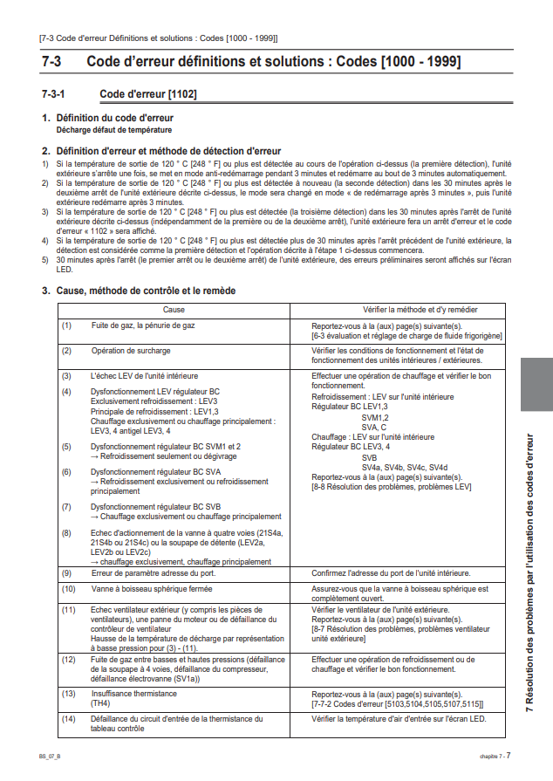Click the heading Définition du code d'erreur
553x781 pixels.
click(x=114, y=118)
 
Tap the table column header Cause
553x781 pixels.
click(x=174, y=310)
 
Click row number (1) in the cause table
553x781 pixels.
click(x=66, y=325)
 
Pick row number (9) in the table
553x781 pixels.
click(x=66, y=572)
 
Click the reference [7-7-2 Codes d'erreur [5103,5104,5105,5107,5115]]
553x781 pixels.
click(x=398, y=702)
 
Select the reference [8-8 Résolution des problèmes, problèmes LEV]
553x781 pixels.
click(x=392, y=487)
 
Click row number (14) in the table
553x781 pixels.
click(x=68, y=719)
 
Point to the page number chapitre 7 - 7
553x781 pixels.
click(x=495, y=755)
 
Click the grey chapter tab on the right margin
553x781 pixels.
click(x=536, y=384)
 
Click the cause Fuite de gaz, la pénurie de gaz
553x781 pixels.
click(x=143, y=325)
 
